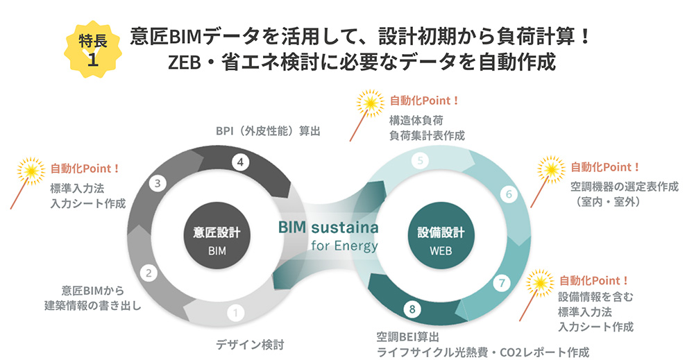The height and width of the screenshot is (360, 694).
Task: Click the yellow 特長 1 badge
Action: click(92, 49)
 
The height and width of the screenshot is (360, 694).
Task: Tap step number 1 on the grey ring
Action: click(237, 313)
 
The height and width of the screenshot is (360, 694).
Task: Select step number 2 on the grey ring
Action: click(148, 273)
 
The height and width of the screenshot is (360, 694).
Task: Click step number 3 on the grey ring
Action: click(158, 183)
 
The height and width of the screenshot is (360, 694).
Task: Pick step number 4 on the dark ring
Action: click(239, 162)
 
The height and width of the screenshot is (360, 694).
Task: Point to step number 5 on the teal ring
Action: click(420, 162)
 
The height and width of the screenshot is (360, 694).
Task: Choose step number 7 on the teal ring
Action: click(504, 282)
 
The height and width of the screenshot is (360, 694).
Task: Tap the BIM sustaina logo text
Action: click(328, 228)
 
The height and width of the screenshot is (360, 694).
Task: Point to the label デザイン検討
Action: click(250, 344)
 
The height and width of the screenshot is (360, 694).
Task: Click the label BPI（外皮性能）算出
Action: click(267, 130)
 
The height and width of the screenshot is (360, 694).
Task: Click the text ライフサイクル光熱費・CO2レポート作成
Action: click(482, 352)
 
